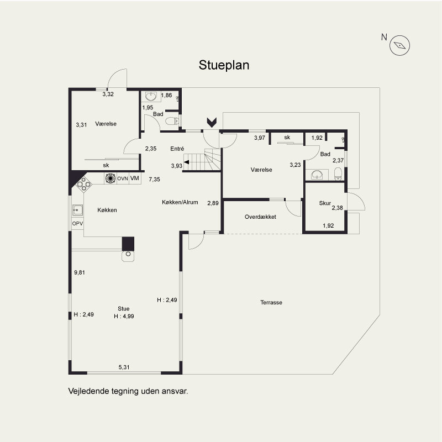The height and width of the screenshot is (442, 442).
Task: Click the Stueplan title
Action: click(x=224, y=65)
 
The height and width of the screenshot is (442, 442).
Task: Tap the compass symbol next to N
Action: click(x=399, y=45)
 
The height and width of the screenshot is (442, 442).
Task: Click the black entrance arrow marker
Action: click(x=212, y=122)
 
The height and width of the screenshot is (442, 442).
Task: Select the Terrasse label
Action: click(x=271, y=302)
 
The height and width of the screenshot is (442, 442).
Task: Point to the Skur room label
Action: click(x=325, y=203)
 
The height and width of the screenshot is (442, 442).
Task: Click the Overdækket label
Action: click(x=260, y=217)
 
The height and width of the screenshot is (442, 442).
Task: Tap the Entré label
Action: click(x=177, y=149)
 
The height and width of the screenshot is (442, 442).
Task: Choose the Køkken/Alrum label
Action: click(x=180, y=202)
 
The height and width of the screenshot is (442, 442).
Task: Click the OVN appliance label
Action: click(x=123, y=178)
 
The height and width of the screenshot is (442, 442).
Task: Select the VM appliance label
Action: click(x=135, y=178)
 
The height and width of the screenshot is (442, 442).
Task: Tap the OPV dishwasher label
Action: click(x=77, y=224)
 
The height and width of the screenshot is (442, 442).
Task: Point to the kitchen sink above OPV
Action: click(x=77, y=211)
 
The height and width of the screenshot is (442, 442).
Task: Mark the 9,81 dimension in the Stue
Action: click(x=80, y=272)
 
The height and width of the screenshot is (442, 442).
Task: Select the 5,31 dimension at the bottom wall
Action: click(x=124, y=367)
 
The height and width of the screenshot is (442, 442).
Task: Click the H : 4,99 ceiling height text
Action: click(x=124, y=316)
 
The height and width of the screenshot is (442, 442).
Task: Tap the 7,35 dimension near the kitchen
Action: click(x=155, y=179)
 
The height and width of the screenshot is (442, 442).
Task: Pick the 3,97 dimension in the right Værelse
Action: click(x=260, y=138)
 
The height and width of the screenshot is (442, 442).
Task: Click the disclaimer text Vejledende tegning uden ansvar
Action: click(x=128, y=391)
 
